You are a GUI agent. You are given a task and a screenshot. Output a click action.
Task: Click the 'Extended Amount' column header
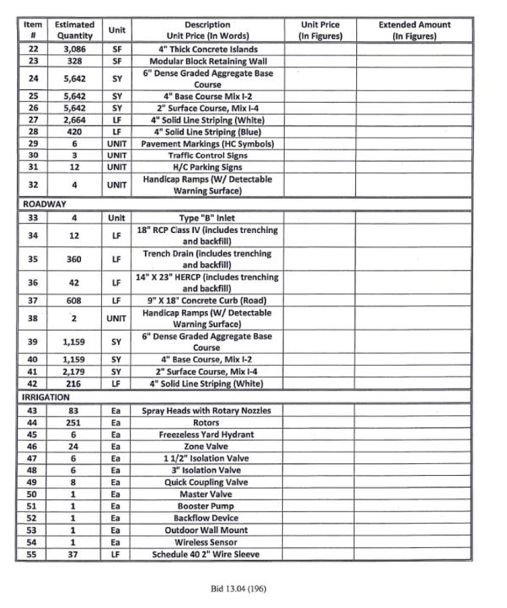414,31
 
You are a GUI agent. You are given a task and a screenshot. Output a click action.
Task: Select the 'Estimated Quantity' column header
74,31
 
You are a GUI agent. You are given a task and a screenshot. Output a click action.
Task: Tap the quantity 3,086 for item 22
74,49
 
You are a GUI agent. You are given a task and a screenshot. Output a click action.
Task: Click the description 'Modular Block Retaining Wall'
208,61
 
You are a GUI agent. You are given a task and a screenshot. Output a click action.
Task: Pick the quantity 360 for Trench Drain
74,259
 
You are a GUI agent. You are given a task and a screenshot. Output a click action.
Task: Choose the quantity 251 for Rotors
74,423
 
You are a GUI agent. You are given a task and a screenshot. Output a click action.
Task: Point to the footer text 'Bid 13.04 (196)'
238,588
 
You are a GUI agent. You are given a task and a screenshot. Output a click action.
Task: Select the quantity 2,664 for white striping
74,120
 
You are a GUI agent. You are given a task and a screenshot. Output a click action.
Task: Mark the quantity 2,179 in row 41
74,371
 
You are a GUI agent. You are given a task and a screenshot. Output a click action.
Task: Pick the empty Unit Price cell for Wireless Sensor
320,542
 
